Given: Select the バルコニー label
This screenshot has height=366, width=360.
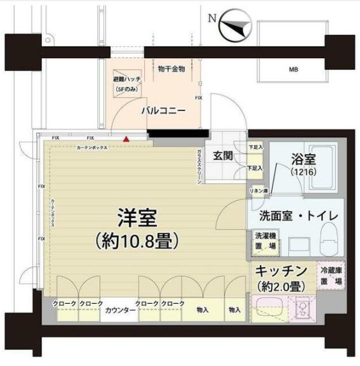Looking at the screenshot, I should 163,110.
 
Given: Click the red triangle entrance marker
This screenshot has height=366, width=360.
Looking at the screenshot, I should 126,138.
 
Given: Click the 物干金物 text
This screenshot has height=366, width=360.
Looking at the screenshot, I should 171,69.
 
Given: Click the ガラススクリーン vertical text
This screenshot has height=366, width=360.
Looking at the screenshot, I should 199,167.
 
